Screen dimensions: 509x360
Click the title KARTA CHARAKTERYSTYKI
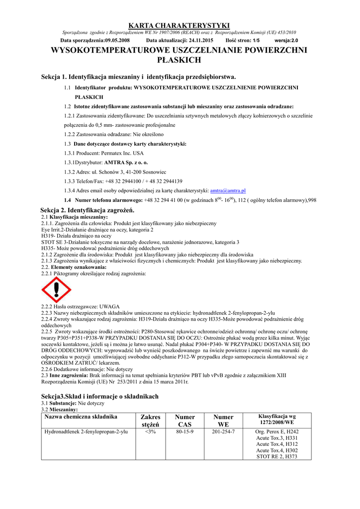(x=180, y=25)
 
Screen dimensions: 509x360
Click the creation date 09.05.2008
(x=117, y=40)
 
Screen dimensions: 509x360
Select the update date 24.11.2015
(x=201, y=40)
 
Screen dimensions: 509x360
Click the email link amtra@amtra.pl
(x=228, y=190)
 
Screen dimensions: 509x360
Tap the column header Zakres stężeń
(x=150, y=421)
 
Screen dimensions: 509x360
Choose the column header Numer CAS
(x=185, y=421)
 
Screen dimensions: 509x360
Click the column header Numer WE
(x=223, y=421)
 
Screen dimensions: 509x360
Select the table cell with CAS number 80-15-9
(x=185, y=431)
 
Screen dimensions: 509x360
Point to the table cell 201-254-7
(x=223, y=431)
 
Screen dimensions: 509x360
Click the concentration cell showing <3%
(x=150, y=431)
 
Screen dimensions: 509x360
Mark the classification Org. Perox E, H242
(x=277, y=432)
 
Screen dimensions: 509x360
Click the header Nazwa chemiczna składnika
(x=81, y=417)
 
